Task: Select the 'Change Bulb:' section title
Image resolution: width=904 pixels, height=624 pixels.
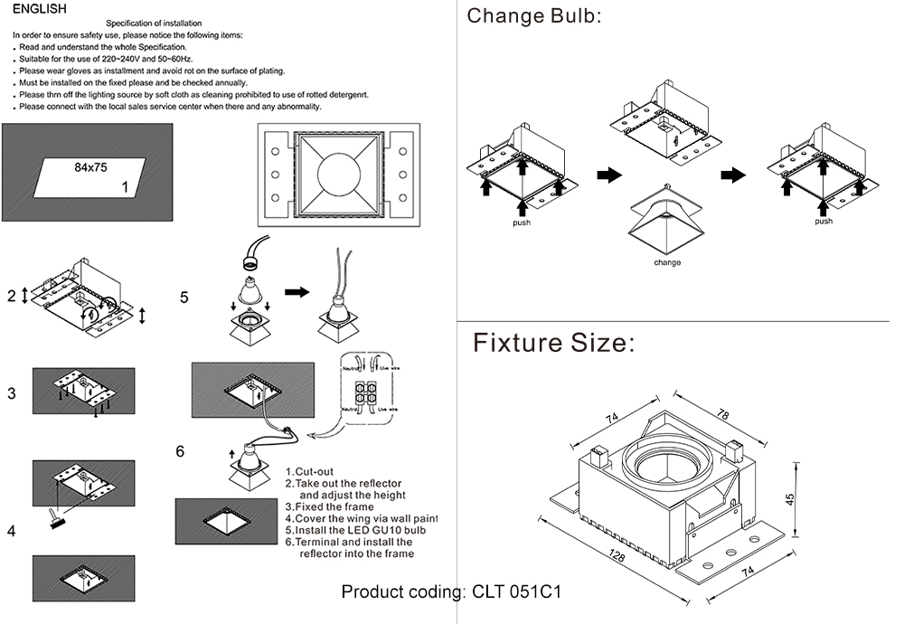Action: point(533,16)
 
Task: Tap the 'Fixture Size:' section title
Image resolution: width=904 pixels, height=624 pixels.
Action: point(554,344)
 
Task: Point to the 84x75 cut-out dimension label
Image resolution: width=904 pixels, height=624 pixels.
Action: point(90,167)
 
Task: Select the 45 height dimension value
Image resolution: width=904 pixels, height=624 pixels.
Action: point(788,498)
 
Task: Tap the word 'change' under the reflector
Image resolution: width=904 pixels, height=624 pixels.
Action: point(667,263)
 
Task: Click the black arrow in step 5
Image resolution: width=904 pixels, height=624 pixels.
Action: point(297,292)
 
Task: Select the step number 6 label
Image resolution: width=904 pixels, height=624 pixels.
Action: point(180,451)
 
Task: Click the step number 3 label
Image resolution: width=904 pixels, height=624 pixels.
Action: point(12,393)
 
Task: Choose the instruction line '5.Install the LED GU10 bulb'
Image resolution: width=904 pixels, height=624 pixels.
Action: point(354,530)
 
